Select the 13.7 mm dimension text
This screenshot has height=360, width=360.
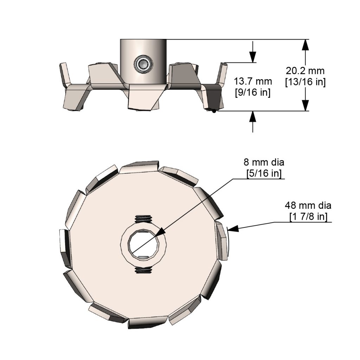click(253, 82)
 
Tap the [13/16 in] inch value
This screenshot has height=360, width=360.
click(305, 82)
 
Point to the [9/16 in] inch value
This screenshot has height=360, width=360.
click(252, 93)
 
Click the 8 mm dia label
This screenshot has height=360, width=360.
click(264, 162)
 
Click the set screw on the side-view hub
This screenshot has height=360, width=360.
click(143, 64)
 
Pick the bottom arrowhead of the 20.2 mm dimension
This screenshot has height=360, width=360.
click(305, 105)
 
